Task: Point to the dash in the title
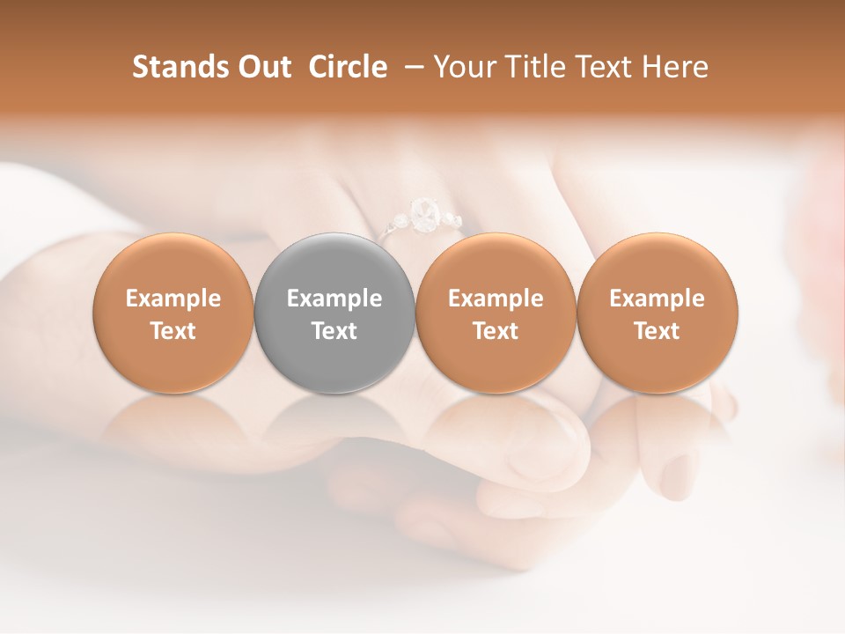pyautogui.click(x=411, y=67)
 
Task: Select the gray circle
pyautogui.click(x=334, y=313)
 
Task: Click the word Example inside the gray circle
pyautogui.click(x=334, y=299)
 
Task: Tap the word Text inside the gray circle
pyautogui.click(x=334, y=331)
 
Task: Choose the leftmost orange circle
pyautogui.click(x=173, y=313)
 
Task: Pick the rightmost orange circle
pyautogui.click(x=658, y=313)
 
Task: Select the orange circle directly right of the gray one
pyautogui.click(x=496, y=313)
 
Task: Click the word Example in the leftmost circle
pyautogui.click(x=173, y=299)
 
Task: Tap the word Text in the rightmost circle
pyautogui.click(x=658, y=331)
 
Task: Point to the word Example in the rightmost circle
pyautogui.click(x=658, y=299)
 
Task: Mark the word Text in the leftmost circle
pyautogui.click(x=173, y=331)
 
